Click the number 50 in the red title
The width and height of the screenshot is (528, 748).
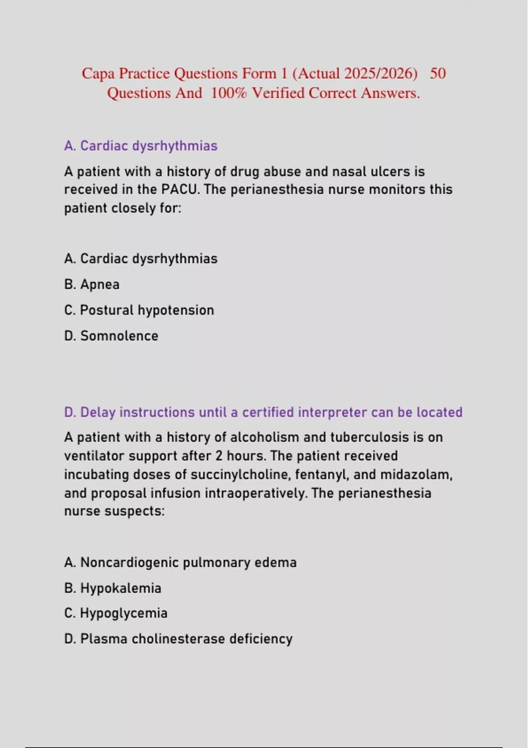437,73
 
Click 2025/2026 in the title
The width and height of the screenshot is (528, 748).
381,73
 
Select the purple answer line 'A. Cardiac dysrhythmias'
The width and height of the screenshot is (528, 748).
141,146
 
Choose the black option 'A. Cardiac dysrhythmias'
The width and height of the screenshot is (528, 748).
141,259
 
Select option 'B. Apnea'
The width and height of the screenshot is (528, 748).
92,284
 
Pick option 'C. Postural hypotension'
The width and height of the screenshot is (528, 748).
139,310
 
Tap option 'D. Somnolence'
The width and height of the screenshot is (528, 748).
111,336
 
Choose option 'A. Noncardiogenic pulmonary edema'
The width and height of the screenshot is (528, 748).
180,562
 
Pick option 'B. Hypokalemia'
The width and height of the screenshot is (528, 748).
113,588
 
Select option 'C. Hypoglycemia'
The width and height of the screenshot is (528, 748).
116,613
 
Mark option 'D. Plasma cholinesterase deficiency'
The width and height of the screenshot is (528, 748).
178,639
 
